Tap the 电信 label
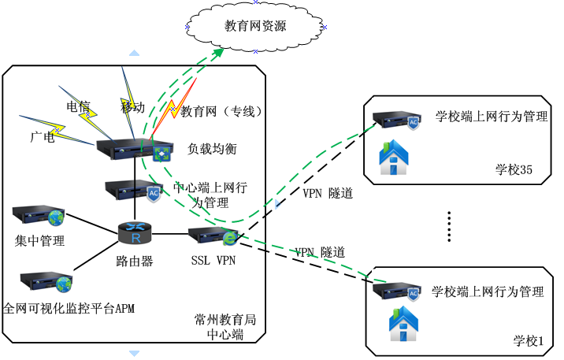pos(78,106)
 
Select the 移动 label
pos(132,107)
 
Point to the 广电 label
pos(42,137)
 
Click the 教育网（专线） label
pos(221,111)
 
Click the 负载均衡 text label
pos(212,148)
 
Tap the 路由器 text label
pos(135,260)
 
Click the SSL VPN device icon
pos(213,236)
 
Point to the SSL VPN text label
pos(213,260)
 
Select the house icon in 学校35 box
pos(394,157)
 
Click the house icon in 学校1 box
pos(403,324)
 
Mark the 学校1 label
pos(529,341)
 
